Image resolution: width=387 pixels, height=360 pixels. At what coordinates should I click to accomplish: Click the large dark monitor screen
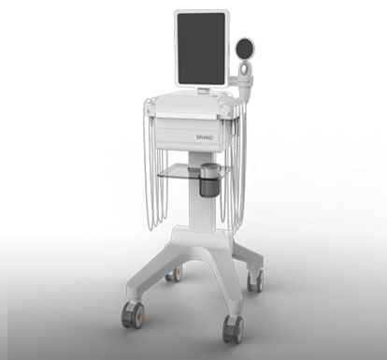pos(201,49)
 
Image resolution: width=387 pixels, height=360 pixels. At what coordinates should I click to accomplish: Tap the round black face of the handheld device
pos(245,49)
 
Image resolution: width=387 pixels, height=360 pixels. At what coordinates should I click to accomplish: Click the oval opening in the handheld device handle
pos(244,69)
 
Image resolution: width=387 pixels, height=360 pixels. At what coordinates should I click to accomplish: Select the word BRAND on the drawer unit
pos(205,137)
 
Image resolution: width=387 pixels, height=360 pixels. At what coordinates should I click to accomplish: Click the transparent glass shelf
pos(194,172)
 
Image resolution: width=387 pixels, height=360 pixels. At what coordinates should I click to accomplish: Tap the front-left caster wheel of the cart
pos(133,314)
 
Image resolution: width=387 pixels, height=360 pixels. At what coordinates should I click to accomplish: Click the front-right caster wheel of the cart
pos(234,329)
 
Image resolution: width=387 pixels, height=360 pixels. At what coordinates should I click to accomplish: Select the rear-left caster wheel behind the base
pos(174,274)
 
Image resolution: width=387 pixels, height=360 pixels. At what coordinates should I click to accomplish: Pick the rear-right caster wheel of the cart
pos(255,281)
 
